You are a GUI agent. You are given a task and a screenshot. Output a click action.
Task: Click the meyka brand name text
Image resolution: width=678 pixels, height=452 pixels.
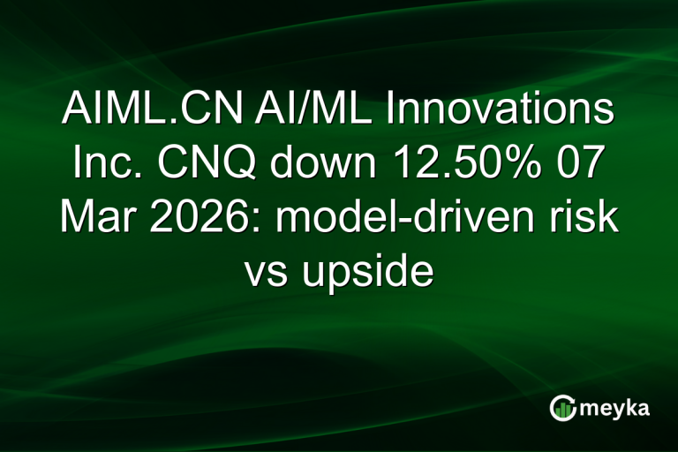(x=614, y=409)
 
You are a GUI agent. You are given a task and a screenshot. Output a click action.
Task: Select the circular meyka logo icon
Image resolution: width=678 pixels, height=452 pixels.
(x=562, y=408)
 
